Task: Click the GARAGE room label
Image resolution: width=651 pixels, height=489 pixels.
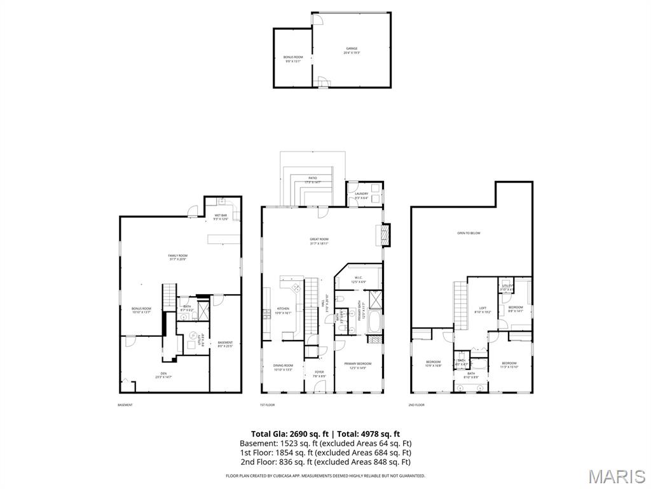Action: [352, 48]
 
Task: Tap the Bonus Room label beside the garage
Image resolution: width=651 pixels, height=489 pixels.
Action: [293, 57]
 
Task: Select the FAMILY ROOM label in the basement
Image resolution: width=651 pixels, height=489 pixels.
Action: [178, 256]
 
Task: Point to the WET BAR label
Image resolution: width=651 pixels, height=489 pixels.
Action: [221, 216]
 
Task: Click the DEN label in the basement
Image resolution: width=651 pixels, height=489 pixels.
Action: [163, 374]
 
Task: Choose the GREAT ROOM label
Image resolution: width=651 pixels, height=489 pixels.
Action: [319, 239]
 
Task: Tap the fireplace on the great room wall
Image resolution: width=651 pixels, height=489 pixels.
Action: [384, 235]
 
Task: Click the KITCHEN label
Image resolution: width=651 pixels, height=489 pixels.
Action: [283, 309]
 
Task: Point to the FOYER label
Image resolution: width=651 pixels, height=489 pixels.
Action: [319, 372]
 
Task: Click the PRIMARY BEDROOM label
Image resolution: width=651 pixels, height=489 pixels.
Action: [358, 364]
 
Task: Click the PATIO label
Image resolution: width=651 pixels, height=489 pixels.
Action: [312, 178]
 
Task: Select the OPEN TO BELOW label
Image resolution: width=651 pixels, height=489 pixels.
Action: [469, 233]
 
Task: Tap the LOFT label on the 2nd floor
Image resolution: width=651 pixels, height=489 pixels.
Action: [483, 308]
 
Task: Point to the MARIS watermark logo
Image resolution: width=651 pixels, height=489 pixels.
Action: [617, 476]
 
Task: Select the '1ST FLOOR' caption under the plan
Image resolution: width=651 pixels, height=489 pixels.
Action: [266, 405]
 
